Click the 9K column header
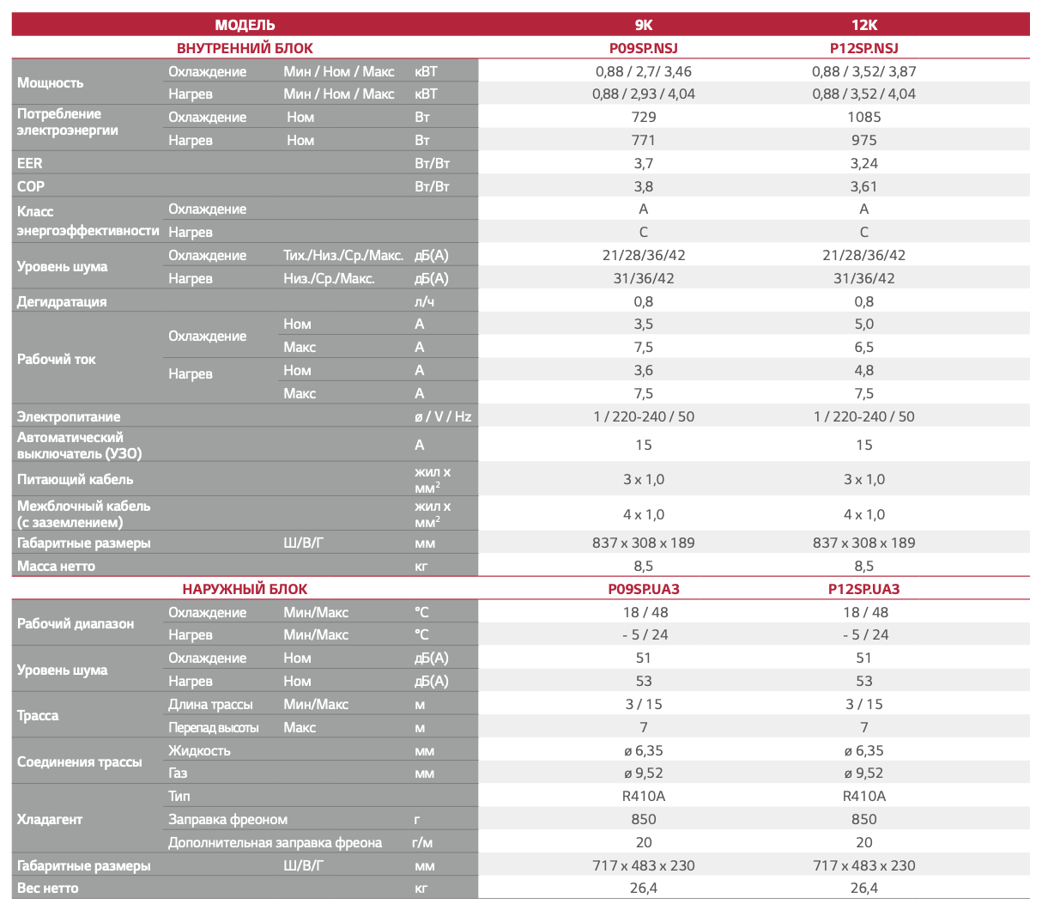[x=643, y=24]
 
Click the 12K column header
[x=863, y=24]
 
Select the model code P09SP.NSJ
[x=643, y=48]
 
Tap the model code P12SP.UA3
[x=863, y=589]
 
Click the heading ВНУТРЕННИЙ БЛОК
[x=245, y=48]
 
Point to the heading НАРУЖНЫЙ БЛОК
[x=245, y=589]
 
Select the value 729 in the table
[x=643, y=117]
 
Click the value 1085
[x=863, y=117]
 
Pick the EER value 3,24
[x=863, y=163]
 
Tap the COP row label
[x=31, y=186]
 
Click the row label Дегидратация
[x=62, y=301]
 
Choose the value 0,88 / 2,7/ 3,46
[x=643, y=71]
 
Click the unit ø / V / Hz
[x=443, y=416]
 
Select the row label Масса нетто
[x=56, y=566]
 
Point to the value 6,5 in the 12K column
[x=863, y=347]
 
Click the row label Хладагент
[x=50, y=819]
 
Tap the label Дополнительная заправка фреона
[x=275, y=842]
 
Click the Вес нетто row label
[x=47, y=888]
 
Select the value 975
[x=863, y=140]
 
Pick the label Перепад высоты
[x=214, y=727]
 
